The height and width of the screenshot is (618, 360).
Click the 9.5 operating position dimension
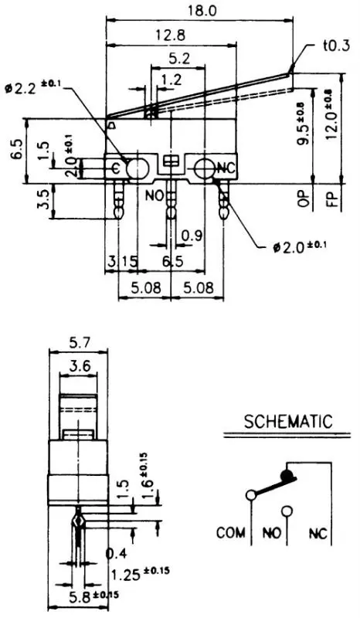[303, 124]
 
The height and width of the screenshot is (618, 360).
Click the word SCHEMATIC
[287, 422]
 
